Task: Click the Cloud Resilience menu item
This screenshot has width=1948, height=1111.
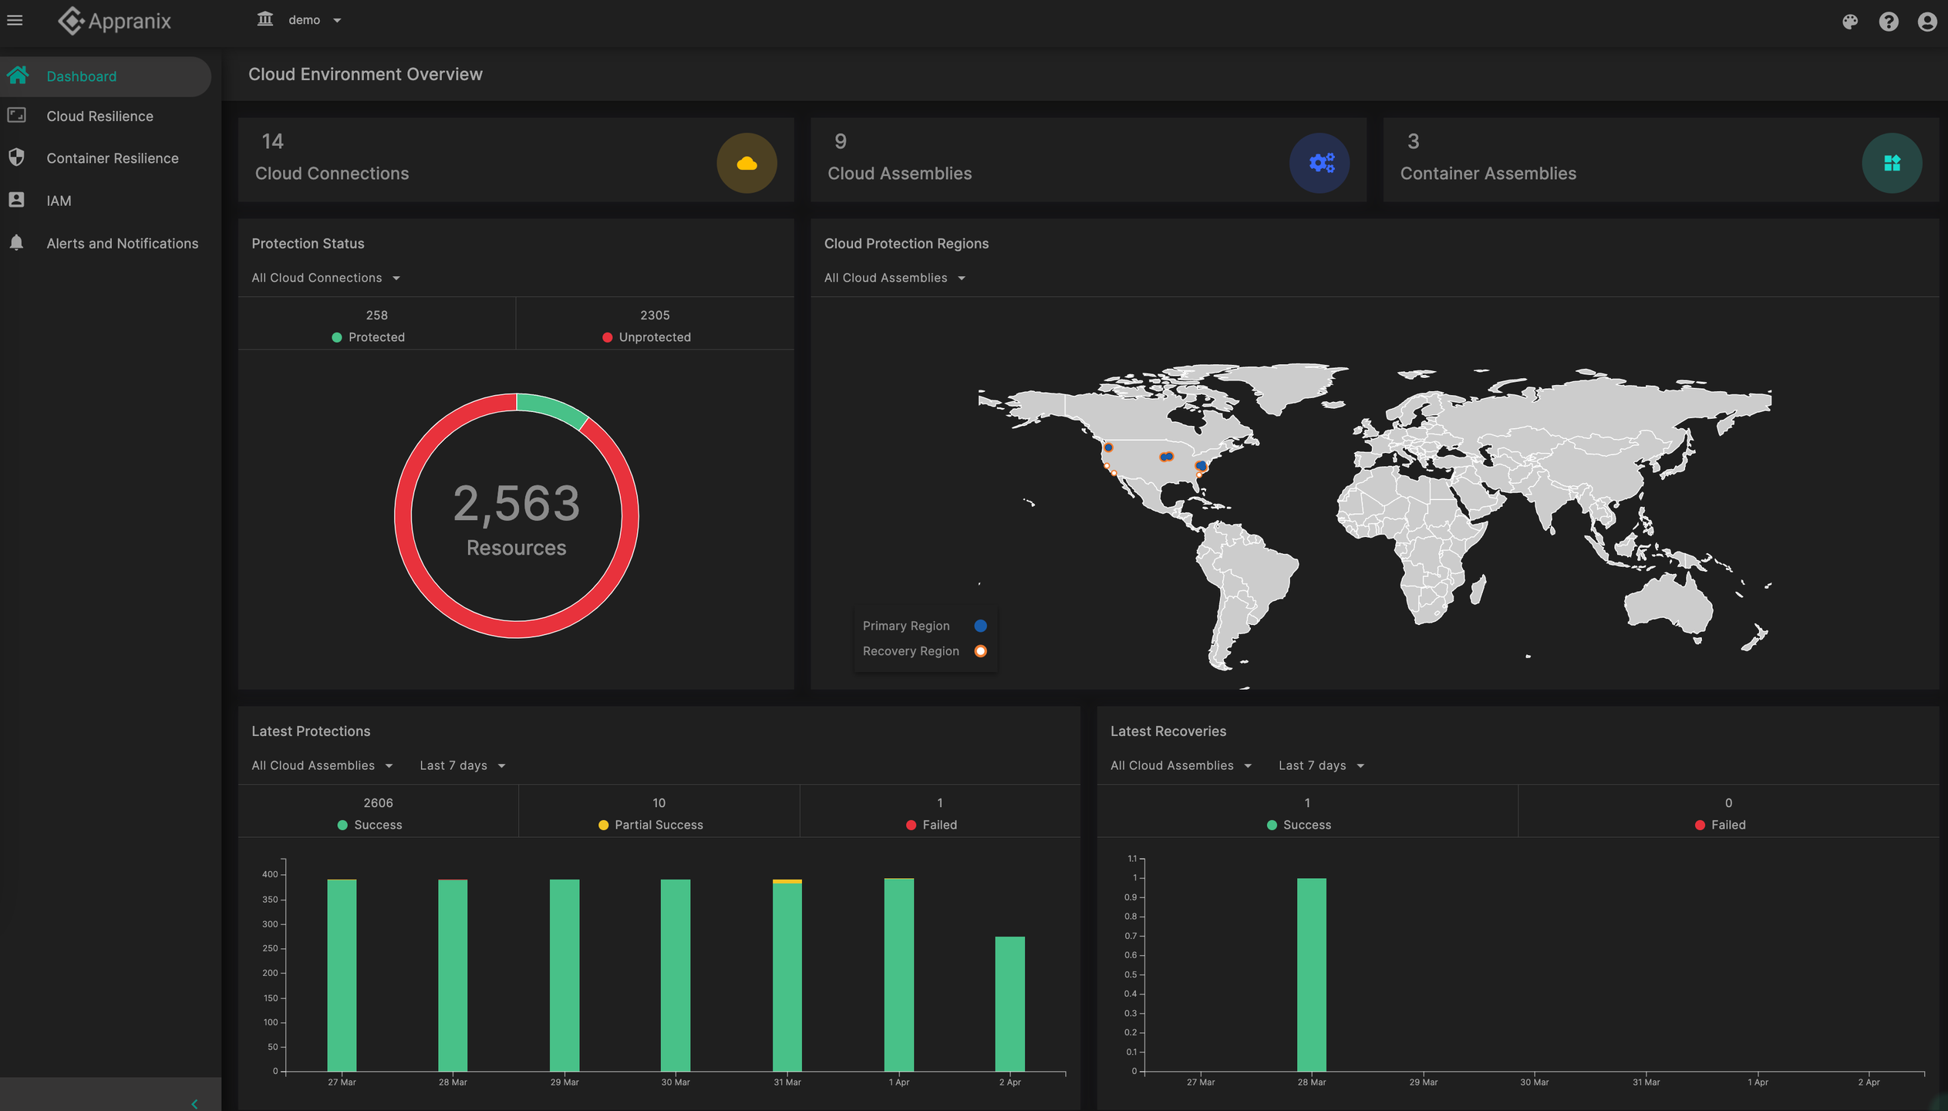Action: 99,117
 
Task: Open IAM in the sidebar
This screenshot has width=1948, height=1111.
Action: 59,201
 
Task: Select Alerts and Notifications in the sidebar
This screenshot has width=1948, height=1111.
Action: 122,244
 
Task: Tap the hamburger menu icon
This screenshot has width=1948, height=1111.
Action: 15,21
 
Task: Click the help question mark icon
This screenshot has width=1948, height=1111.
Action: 1888,22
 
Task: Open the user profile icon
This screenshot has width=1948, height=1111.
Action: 1926,22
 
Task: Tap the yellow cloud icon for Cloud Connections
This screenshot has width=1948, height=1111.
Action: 746,164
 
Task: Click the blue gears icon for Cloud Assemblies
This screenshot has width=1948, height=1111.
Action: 1319,164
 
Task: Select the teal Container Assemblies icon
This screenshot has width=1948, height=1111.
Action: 1891,164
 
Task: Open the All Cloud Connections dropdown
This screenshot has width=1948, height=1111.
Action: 325,278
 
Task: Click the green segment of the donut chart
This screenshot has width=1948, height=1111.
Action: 552,407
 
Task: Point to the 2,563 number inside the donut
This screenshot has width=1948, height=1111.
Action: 516,504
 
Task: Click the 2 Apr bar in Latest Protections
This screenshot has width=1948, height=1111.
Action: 1009,1003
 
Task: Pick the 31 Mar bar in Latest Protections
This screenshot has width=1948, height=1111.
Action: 787,976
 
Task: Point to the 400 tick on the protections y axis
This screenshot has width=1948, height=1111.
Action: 270,874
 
